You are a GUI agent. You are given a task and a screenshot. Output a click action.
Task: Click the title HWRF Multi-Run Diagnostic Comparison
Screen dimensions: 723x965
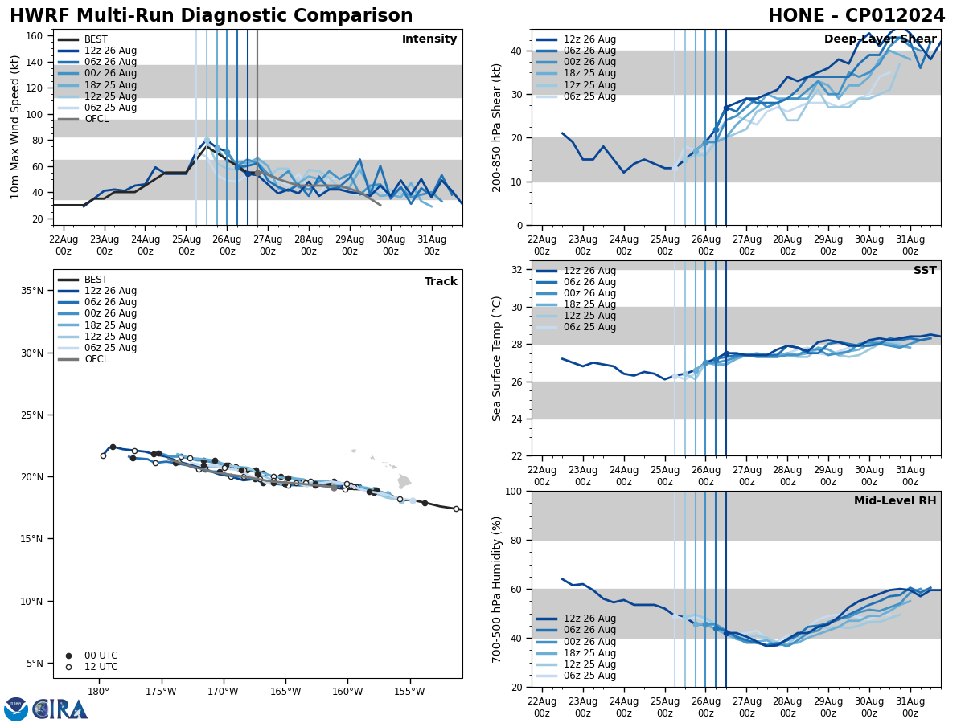pyautogui.click(x=211, y=16)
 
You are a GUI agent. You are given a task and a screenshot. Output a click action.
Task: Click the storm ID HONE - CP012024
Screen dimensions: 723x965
pyautogui.click(x=856, y=16)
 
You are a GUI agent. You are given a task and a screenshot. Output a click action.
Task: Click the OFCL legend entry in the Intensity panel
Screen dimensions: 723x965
pyautogui.click(x=96, y=119)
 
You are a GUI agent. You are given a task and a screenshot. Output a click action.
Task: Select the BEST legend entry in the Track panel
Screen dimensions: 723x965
pyautogui.click(x=96, y=280)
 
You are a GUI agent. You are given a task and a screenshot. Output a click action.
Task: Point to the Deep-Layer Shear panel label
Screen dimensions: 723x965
pyautogui.click(x=880, y=39)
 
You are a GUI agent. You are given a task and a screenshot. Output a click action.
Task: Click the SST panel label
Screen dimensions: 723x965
pyautogui.click(x=924, y=271)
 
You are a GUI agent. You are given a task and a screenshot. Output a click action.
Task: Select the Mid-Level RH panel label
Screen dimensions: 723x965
pyautogui.click(x=894, y=501)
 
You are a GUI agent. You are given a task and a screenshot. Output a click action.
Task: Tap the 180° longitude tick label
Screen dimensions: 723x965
pyautogui.click(x=98, y=691)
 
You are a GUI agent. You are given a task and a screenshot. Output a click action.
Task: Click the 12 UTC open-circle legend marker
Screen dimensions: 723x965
pyautogui.click(x=68, y=667)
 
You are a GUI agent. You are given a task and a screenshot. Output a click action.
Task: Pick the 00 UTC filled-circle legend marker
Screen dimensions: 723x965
pyautogui.click(x=68, y=656)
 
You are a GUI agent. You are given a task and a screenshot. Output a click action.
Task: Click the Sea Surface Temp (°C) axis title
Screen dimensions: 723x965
pyautogui.click(x=498, y=357)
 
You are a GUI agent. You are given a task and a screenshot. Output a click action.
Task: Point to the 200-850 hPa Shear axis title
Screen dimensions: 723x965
pyautogui.click(x=498, y=128)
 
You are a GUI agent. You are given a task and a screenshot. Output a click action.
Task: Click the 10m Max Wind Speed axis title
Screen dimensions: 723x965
pyautogui.click(x=15, y=127)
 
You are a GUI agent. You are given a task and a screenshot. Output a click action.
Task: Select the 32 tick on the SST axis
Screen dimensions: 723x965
pyautogui.click(x=518, y=270)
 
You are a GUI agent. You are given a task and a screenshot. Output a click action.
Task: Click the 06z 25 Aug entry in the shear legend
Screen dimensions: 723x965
pyautogui.click(x=589, y=96)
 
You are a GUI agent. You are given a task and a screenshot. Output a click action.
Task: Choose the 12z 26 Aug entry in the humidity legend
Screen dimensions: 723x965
pyautogui.click(x=589, y=619)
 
